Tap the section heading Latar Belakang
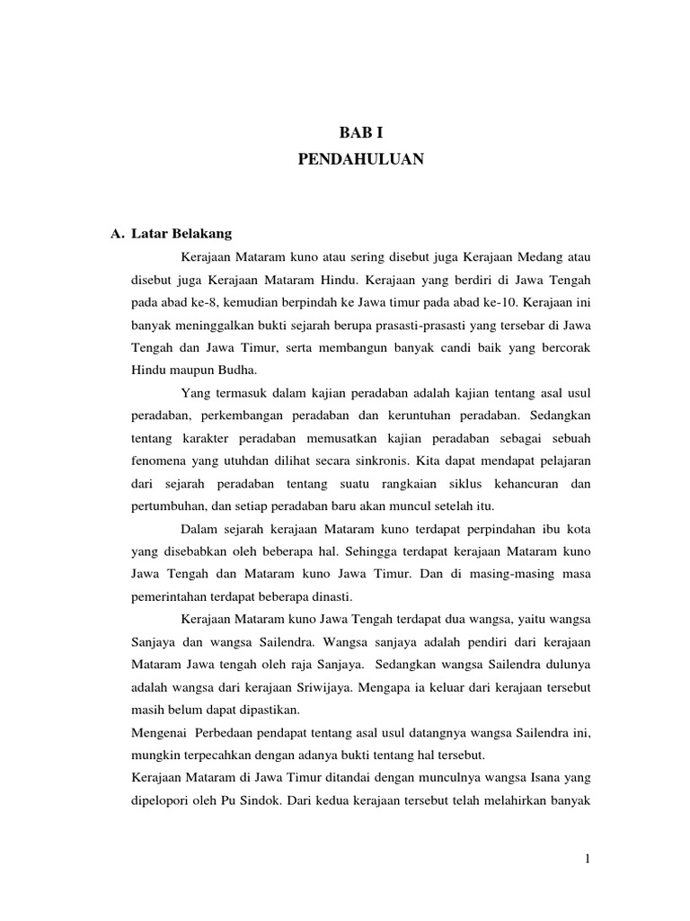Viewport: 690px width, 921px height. pyautogui.click(x=181, y=234)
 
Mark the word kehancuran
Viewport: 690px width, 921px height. pyautogui.click(x=520, y=483)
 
